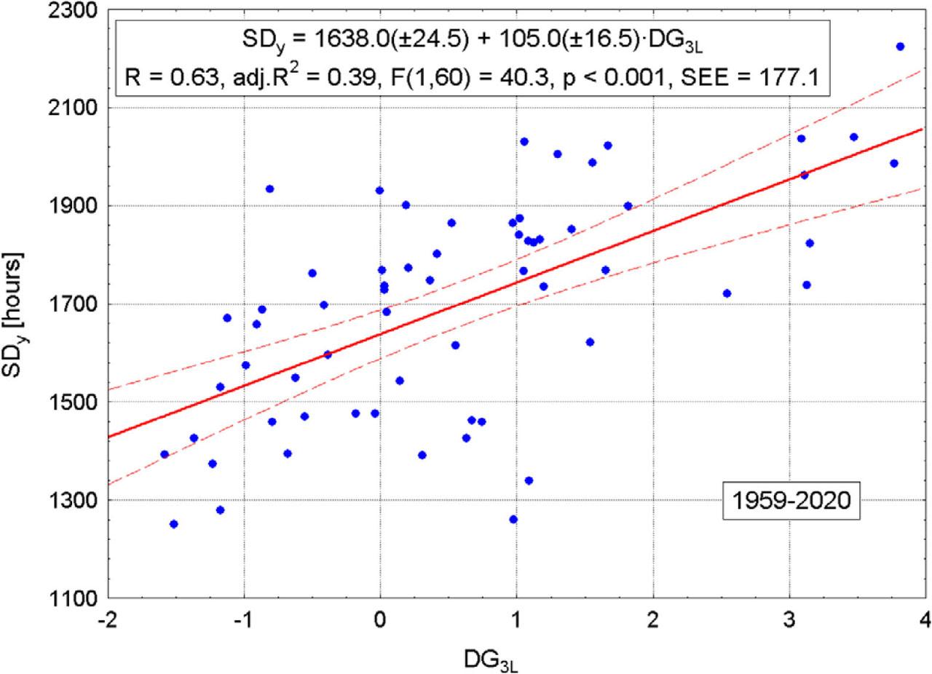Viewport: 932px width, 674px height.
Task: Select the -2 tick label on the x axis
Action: pyautogui.click(x=108, y=617)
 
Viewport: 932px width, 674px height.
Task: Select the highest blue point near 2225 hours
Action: pyautogui.click(x=900, y=47)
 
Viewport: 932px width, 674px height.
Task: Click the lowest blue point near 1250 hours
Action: pyautogui.click(x=173, y=524)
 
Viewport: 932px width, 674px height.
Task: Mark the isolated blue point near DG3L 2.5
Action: pyautogui.click(x=726, y=293)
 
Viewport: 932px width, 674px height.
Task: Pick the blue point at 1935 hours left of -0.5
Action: pyautogui.click(x=269, y=189)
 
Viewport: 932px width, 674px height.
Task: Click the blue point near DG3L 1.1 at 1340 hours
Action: pyautogui.click(x=529, y=480)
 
